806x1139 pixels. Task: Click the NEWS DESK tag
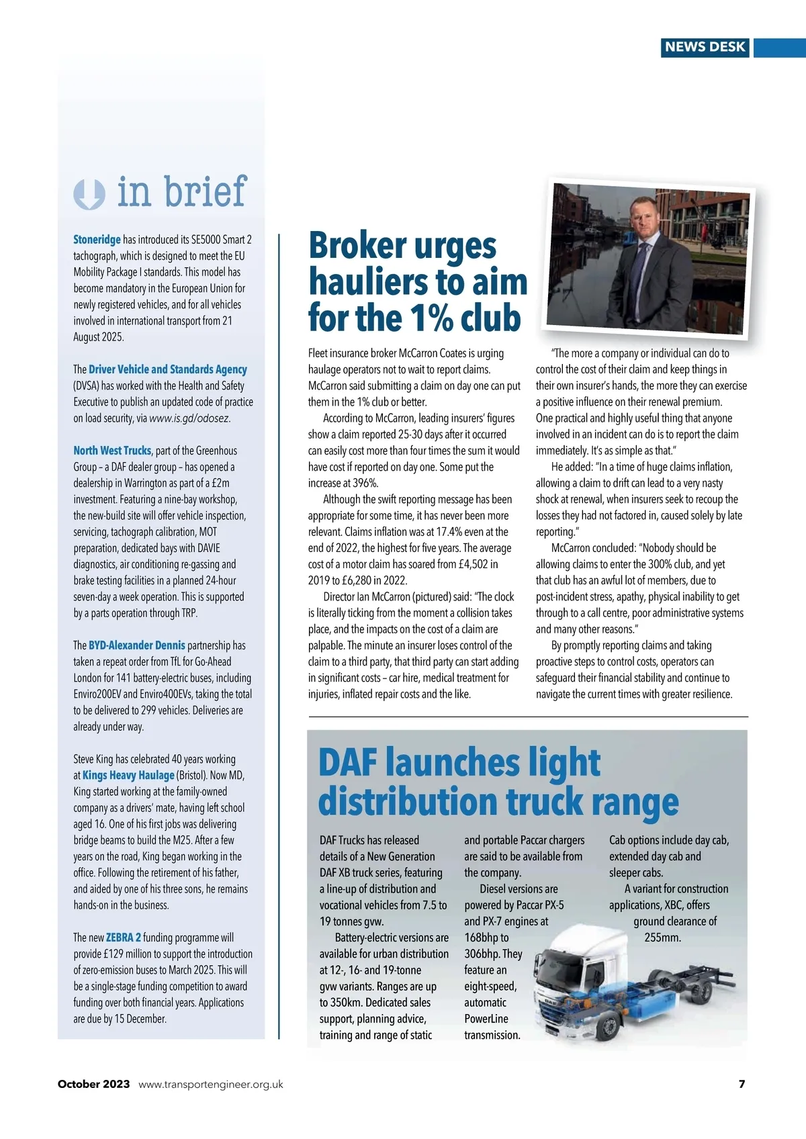tap(705, 47)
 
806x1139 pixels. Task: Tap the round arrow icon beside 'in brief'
tap(89, 194)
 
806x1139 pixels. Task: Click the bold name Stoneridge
tap(97, 240)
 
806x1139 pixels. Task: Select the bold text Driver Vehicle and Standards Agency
tap(168, 369)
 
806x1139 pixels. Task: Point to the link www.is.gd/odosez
tap(189, 418)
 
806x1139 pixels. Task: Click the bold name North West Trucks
tap(112, 451)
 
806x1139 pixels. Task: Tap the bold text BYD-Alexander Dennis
tap(137, 645)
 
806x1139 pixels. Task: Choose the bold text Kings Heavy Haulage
tap(128, 776)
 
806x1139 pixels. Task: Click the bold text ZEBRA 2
tap(124, 938)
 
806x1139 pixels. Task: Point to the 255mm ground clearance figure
tap(662, 938)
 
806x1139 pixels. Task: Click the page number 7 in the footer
tap(742, 1084)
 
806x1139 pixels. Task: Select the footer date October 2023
tap(93, 1084)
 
